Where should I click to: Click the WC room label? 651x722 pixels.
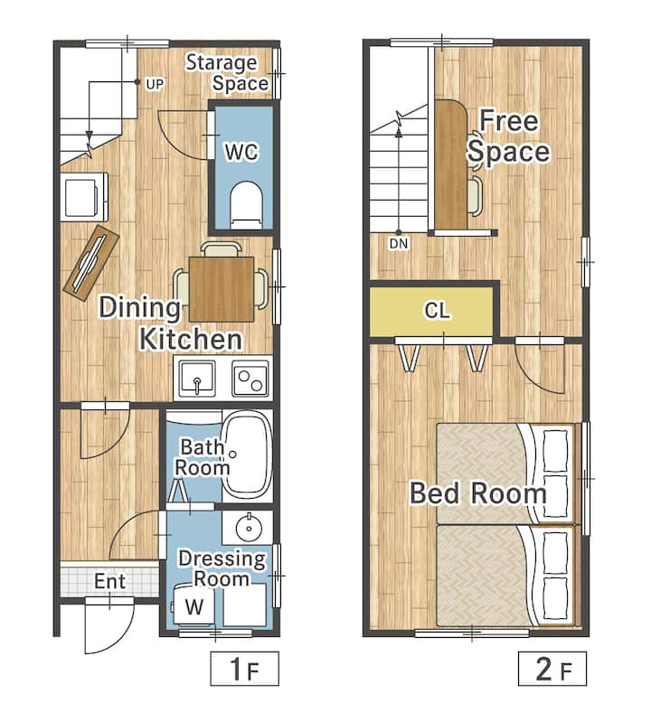click(242, 152)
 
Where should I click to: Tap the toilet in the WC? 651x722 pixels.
click(246, 205)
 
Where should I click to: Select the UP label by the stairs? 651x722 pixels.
click(155, 85)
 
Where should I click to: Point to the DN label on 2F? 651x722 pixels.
click(399, 244)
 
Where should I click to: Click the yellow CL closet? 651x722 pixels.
click(431, 311)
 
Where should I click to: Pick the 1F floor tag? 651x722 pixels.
click(245, 669)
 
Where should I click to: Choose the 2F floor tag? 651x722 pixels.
click(552, 669)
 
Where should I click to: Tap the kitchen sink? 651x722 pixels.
click(197, 379)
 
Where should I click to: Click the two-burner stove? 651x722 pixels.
click(250, 379)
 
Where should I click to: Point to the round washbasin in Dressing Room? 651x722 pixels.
click(249, 528)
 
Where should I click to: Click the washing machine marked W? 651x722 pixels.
click(193, 606)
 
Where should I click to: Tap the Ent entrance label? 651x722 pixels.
click(109, 581)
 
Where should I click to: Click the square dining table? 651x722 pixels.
click(222, 288)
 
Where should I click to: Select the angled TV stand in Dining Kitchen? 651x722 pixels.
click(91, 262)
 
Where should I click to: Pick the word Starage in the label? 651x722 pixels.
click(222, 63)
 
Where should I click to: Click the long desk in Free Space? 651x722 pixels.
click(451, 164)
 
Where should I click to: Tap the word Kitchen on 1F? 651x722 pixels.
click(190, 340)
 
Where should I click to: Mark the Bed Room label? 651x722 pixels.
click(478, 492)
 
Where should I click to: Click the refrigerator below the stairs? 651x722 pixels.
click(84, 197)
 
